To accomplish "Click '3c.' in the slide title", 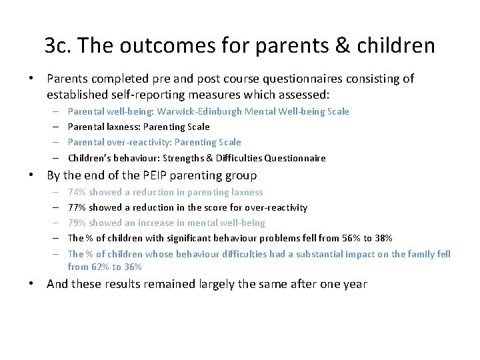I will pyautogui.click(x=58, y=45).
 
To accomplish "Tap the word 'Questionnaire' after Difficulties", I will pyautogui.click(x=295, y=158).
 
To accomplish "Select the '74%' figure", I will pyautogui.click(x=77, y=192).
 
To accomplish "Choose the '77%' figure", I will pyautogui.click(x=77, y=207).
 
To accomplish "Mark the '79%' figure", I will pyautogui.click(x=77, y=223).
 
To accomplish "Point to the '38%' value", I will pyautogui.click(x=383, y=238).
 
